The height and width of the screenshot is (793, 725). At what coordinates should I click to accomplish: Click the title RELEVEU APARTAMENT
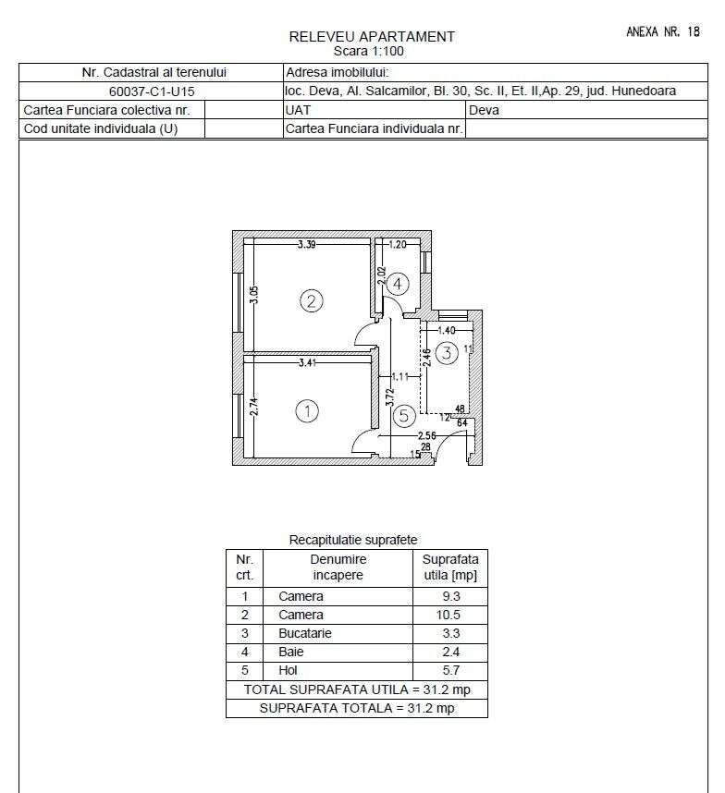click(x=372, y=37)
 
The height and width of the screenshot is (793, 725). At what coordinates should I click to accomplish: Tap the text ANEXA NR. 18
click(x=663, y=31)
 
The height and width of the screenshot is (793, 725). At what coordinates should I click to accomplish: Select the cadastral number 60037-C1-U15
click(x=152, y=91)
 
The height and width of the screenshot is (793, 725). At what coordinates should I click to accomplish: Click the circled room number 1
click(x=307, y=411)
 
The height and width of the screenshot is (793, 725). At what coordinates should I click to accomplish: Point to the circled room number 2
click(x=312, y=300)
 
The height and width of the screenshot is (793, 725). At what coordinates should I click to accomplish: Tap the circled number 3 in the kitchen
click(x=447, y=352)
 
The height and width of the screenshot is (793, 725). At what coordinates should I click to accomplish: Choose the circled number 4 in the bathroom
click(x=397, y=284)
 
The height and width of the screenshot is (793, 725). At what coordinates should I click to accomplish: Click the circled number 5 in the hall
click(x=403, y=416)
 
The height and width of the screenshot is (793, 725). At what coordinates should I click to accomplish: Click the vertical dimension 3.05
click(x=255, y=295)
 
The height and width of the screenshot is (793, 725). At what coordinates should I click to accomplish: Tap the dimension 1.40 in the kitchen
click(x=447, y=330)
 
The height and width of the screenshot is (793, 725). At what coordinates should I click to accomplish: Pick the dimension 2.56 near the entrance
click(x=426, y=435)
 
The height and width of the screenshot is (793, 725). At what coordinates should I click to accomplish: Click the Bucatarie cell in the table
click(x=304, y=633)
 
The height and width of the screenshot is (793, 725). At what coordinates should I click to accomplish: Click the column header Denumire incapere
click(x=338, y=567)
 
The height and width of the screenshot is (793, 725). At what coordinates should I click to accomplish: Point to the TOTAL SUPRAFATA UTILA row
click(x=356, y=689)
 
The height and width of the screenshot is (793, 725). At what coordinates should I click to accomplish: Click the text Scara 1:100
click(x=368, y=51)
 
